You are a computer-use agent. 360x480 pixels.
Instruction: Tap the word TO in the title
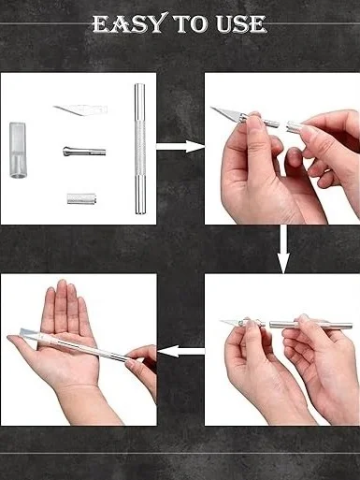(192, 24)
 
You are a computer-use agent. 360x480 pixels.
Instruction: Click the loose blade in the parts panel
(80, 109)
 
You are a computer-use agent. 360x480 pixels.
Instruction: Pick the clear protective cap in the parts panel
(18, 150)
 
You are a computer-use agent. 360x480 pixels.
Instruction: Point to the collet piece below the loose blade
(84, 152)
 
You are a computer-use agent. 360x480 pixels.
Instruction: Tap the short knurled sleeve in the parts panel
(81, 198)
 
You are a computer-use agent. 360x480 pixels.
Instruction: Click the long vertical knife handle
(139, 149)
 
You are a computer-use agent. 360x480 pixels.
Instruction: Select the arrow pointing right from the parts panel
(180, 146)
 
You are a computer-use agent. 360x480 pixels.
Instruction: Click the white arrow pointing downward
(283, 249)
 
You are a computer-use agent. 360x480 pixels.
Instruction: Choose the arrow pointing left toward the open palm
(181, 351)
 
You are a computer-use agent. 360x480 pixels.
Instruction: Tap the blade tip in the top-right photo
(211, 108)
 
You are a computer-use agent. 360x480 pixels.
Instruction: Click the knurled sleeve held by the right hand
(296, 127)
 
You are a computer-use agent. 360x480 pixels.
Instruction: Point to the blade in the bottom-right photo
(230, 322)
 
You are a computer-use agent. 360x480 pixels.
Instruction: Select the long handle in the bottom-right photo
(310, 325)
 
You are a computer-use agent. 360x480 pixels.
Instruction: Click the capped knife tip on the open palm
(31, 333)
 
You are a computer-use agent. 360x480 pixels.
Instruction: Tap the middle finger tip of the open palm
(62, 283)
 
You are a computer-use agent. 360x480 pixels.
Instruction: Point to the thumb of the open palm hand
(22, 344)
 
